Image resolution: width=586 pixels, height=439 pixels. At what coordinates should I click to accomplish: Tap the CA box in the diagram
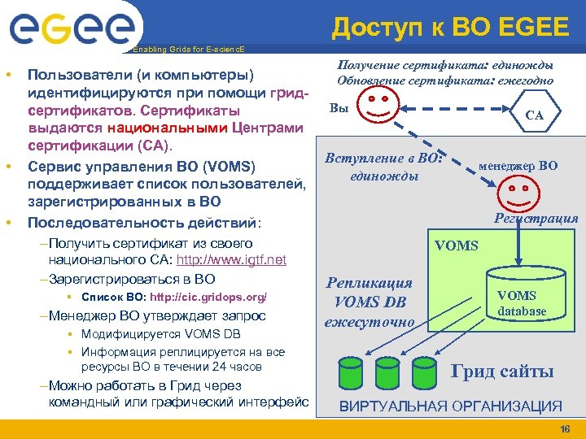point(534,115)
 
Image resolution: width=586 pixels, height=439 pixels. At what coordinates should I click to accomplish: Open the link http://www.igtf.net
point(243,260)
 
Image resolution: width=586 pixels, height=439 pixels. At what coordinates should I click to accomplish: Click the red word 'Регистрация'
point(536,218)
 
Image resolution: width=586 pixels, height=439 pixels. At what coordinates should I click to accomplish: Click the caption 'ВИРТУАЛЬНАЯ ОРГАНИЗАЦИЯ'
point(450,406)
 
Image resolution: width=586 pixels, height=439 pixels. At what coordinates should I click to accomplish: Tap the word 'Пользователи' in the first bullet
point(78,75)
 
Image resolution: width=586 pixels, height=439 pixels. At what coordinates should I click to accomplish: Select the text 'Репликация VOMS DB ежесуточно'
point(369,302)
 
